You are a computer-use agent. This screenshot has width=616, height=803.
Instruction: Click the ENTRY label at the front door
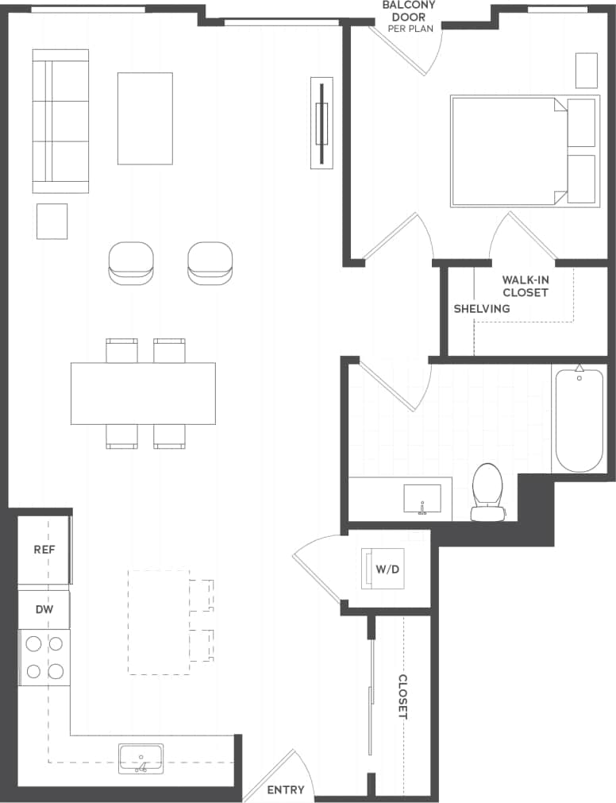click(x=285, y=789)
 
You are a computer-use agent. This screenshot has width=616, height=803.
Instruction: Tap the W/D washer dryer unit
click(x=383, y=569)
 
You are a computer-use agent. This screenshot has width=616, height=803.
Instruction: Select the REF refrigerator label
click(x=44, y=550)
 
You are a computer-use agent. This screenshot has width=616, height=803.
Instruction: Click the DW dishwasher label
click(x=44, y=609)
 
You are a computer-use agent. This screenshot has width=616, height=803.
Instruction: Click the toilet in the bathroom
click(x=487, y=492)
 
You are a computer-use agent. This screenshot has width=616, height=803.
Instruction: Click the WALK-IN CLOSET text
click(x=525, y=286)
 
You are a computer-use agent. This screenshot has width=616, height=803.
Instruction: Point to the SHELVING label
click(x=482, y=308)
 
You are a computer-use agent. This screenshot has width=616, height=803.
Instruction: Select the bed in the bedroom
click(x=508, y=151)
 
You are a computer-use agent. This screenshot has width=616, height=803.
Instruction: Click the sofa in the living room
click(x=60, y=121)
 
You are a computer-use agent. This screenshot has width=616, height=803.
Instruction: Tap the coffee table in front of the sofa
click(x=145, y=118)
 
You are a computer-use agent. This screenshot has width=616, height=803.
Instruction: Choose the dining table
click(x=143, y=393)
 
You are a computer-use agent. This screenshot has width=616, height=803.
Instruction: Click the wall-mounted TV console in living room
click(x=321, y=123)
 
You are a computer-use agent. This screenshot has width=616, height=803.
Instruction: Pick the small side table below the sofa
click(x=52, y=221)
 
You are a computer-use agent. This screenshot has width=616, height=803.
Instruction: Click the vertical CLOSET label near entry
click(x=402, y=697)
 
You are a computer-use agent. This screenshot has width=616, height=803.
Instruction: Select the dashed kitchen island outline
click(x=159, y=622)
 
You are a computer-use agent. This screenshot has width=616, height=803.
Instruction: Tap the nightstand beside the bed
click(x=586, y=71)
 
